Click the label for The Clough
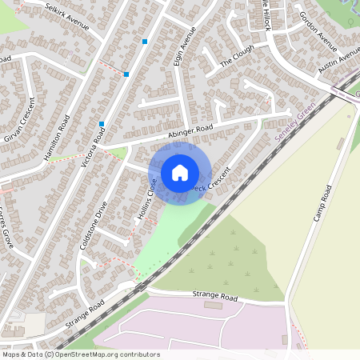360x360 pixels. [x=236, y=54]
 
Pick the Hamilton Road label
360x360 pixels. [x=58, y=139]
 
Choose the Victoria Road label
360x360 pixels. [x=95, y=146]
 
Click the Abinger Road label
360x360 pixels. [x=190, y=134]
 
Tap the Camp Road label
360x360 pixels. [x=322, y=204]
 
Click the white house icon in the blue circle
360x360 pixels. [x=180, y=173]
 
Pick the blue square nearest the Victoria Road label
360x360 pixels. [x=102, y=124]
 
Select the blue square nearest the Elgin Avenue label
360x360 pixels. [x=145, y=41]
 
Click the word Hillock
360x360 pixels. [x=265, y=18]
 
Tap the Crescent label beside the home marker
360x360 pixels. [x=215, y=180]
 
